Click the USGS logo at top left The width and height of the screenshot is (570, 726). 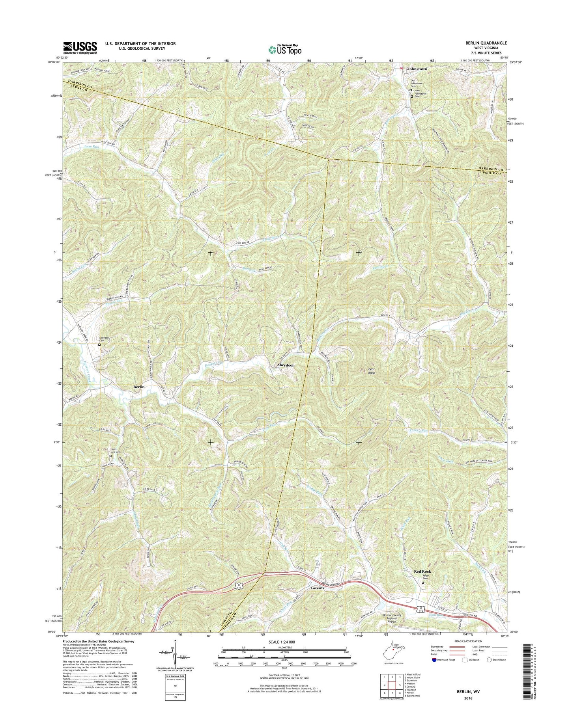tap(80, 48)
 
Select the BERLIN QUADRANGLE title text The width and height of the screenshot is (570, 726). tap(487, 43)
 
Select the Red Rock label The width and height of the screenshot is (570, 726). tap(422, 571)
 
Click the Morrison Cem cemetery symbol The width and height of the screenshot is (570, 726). tap(99, 344)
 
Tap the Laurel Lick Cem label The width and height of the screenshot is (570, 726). tap(114, 450)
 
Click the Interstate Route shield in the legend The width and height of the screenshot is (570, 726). tap(435, 660)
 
